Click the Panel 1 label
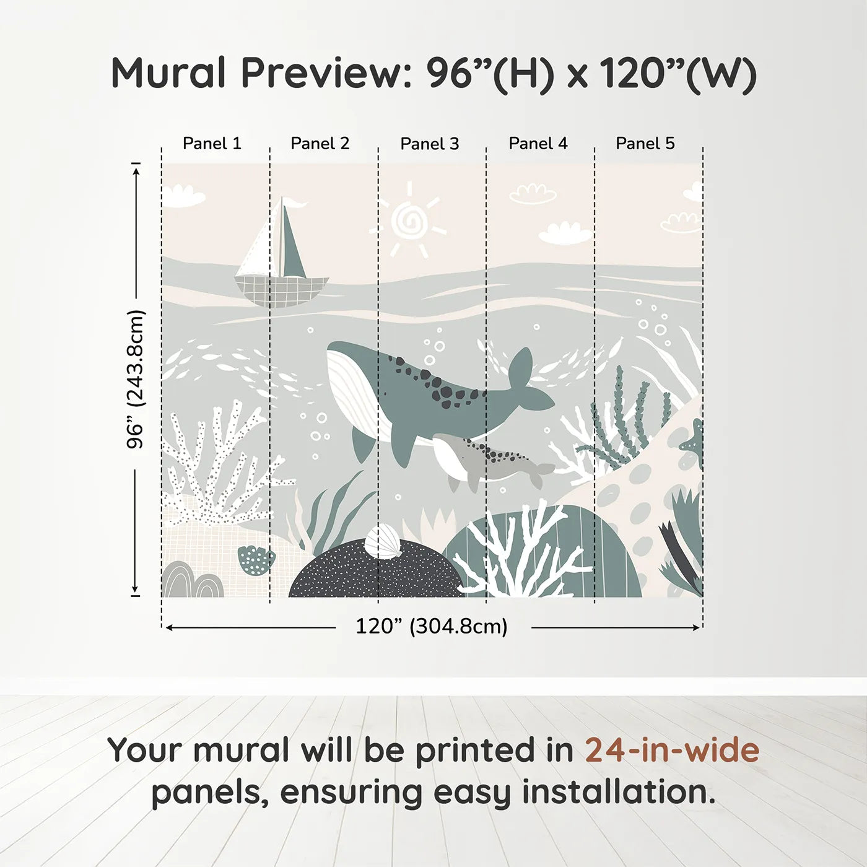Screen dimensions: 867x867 (x=212, y=144)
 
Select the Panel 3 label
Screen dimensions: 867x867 (x=429, y=144)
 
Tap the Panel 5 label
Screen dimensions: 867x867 (x=645, y=144)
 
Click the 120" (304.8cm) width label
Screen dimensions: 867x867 (x=431, y=627)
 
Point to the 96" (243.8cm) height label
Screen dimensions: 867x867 (x=136, y=379)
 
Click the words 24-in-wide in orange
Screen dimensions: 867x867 (x=672, y=750)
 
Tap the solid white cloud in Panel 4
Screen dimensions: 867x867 (x=564, y=233)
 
